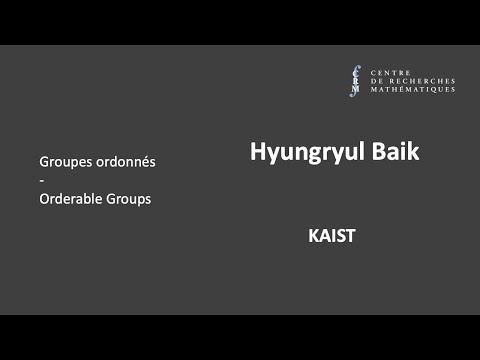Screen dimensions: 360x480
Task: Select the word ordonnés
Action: (127, 161)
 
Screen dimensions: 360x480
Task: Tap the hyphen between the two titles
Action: (42, 180)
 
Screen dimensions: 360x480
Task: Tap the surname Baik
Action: (392, 151)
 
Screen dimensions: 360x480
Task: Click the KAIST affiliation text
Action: (333, 237)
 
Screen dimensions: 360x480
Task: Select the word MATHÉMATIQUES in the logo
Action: (412, 90)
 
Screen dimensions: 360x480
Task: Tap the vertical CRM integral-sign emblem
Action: (355, 80)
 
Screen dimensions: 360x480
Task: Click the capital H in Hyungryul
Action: (257, 151)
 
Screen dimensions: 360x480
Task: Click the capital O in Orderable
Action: (45, 198)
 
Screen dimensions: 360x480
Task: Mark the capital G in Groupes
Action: (45, 161)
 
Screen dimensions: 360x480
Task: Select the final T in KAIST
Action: (352, 237)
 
